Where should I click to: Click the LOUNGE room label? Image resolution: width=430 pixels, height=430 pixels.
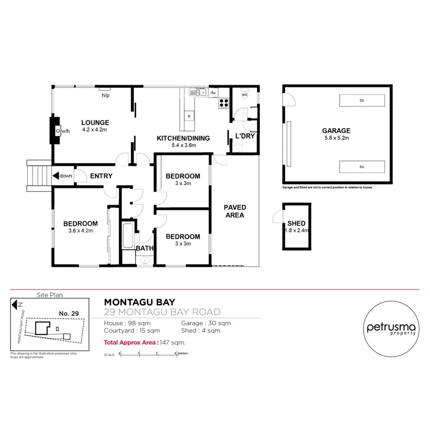tap(95, 122)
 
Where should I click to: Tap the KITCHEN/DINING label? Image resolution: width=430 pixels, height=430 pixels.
tap(183, 139)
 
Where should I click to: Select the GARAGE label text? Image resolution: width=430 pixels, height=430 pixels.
tap(336, 130)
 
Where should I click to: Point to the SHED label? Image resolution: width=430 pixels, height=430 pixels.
tap(296, 224)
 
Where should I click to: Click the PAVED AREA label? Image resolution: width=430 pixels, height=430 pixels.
tap(235, 211)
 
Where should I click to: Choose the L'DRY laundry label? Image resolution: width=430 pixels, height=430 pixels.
tap(245, 136)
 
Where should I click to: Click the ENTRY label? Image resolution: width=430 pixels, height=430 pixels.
tap(101, 176)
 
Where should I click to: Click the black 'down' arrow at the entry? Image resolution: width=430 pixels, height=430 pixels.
tap(56, 176)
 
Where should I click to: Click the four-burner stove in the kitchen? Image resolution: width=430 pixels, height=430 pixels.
tap(224, 102)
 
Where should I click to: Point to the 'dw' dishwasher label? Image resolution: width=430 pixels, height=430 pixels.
tap(213, 93)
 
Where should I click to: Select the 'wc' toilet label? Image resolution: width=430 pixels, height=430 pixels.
tap(244, 95)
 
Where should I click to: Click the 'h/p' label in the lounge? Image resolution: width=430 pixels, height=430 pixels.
tap(106, 95)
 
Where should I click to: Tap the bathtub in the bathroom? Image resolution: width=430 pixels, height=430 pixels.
tap(128, 236)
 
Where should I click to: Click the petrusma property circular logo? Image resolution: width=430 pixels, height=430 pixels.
tap(391, 328)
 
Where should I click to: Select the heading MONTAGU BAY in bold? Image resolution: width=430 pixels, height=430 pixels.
tap(140, 302)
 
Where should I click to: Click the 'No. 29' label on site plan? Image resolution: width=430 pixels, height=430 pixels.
tap(68, 313)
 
